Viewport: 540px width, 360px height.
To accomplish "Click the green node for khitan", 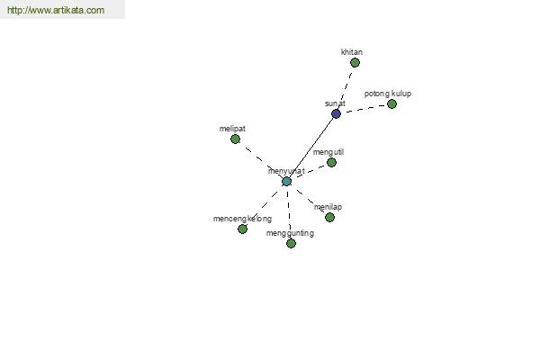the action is (355, 63).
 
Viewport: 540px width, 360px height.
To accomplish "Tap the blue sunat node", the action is (336, 113).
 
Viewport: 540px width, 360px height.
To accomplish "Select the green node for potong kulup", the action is (391, 103).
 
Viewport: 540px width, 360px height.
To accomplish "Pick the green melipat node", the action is (235, 139).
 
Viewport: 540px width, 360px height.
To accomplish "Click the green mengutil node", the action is (331, 162).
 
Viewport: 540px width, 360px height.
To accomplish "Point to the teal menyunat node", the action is (286, 181).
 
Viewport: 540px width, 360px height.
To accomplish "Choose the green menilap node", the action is (329, 218).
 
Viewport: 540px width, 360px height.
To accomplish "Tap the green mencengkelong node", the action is (242, 229).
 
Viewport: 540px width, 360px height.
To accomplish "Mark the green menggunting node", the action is (291, 244).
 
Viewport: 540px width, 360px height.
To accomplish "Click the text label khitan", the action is (352, 52).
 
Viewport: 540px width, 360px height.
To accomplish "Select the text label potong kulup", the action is (388, 94).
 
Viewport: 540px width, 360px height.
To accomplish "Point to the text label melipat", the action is (232, 129).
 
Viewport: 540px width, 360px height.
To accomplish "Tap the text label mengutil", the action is (328, 152).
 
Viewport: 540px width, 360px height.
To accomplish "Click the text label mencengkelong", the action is (242, 219).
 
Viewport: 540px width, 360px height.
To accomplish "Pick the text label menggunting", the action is (290, 233).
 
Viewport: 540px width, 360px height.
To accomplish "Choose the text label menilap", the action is (328, 207).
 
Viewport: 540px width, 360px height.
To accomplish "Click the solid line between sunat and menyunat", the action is (311, 148).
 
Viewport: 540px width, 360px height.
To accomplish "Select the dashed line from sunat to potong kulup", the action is (365, 108).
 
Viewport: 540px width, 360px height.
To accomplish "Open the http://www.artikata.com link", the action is (56, 10).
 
